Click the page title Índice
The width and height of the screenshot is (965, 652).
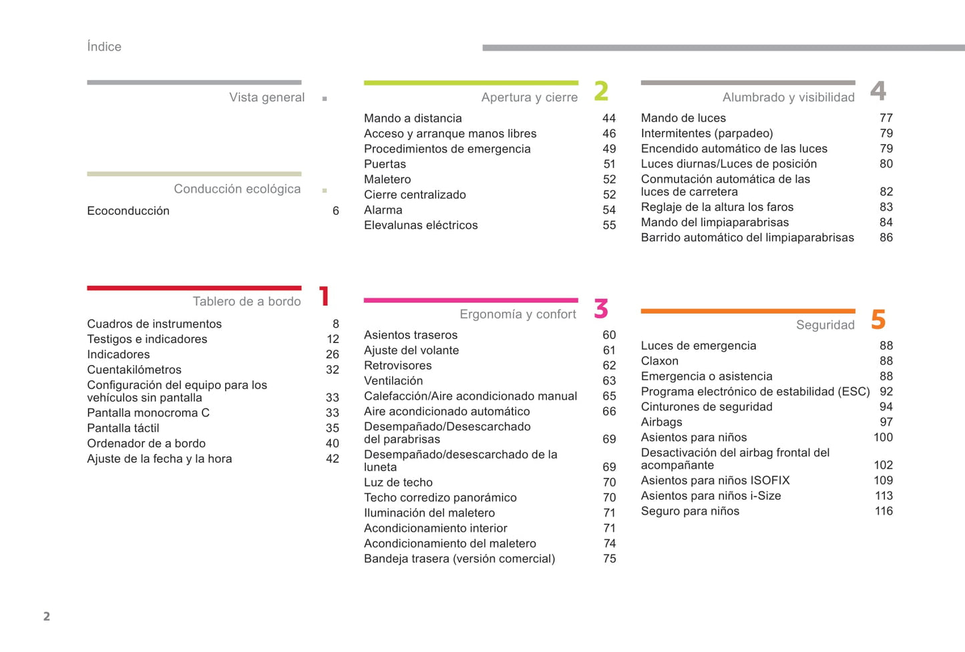[104, 47]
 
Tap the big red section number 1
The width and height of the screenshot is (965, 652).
[325, 296]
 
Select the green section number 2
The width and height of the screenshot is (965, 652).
[601, 91]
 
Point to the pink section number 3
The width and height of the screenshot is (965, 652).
[601, 309]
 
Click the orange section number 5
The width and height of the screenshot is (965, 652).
[878, 320]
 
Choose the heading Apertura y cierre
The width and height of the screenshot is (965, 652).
[529, 97]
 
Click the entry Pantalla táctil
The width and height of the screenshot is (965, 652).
[123, 428]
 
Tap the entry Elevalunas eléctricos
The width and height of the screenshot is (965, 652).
[421, 226]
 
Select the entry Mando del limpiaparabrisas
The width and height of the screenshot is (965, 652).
[715, 223]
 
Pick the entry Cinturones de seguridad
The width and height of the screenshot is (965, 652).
[707, 407]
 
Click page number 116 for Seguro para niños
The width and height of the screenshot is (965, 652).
[884, 511]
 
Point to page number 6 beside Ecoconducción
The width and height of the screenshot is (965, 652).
[336, 211]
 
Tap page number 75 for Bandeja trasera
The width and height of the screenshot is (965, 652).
[609, 559]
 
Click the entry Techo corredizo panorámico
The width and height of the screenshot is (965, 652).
[440, 498]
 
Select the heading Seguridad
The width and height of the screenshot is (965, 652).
[825, 325]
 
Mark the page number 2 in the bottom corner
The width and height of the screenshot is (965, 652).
[47, 616]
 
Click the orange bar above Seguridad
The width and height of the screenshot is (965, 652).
[748, 311]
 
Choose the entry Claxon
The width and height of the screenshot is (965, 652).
[660, 361]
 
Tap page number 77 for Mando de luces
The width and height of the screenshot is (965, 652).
[886, 118]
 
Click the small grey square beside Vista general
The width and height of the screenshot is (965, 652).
[325, 99]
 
